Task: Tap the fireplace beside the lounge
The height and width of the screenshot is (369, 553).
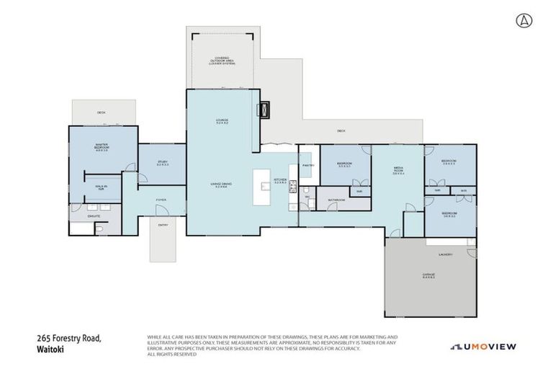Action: coord(264,110)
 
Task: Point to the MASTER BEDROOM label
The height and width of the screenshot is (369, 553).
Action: coord(101,148)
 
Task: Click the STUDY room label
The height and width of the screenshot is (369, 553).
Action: coord(162,163)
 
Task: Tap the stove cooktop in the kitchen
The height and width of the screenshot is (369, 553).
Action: coord(293,187)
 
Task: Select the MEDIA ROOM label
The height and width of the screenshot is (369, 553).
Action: coord(398,171)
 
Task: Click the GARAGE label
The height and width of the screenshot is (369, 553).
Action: coord(428,276)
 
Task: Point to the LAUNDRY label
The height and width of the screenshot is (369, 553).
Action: coord(444,254)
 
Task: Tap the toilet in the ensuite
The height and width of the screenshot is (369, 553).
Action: coord(100,228)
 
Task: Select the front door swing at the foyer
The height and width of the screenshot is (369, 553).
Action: coord(158,210)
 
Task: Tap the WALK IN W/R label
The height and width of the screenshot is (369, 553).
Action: coord(102,188)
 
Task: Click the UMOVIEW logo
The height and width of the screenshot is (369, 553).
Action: coord(483,347)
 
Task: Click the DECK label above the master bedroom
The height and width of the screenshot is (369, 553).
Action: coord(102,112)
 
